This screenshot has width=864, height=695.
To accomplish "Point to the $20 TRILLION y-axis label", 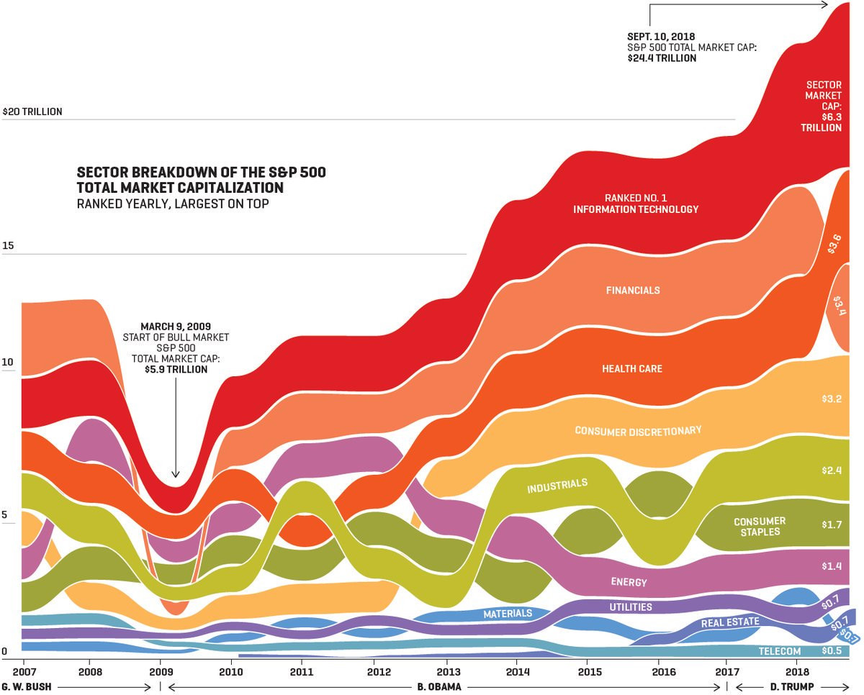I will tap(32, 112).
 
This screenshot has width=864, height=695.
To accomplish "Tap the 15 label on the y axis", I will tap(9, 246).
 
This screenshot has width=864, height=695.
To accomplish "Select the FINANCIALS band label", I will tap(633, 291).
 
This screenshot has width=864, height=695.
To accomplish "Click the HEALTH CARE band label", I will tap(632, 369).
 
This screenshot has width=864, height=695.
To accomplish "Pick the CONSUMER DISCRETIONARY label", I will tap(638, 431).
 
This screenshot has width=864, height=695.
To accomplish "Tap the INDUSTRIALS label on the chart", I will tap(557, 486).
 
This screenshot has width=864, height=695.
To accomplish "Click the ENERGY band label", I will tap(629, 582).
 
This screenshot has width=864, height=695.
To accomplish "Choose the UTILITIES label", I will tap(631, 607).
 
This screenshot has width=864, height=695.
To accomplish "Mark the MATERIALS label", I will tap(508, 614).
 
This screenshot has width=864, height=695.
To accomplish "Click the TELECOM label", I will tap(779, 652).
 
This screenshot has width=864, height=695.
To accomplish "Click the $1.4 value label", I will tap(832, 566).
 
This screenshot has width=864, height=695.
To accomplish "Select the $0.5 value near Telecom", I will tap(832, 651).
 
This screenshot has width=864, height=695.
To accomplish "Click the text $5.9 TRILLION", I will tap(176, 370).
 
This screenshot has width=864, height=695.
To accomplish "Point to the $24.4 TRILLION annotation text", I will tap(662, 58).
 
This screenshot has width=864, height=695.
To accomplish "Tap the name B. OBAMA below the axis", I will tap(439, 687).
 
